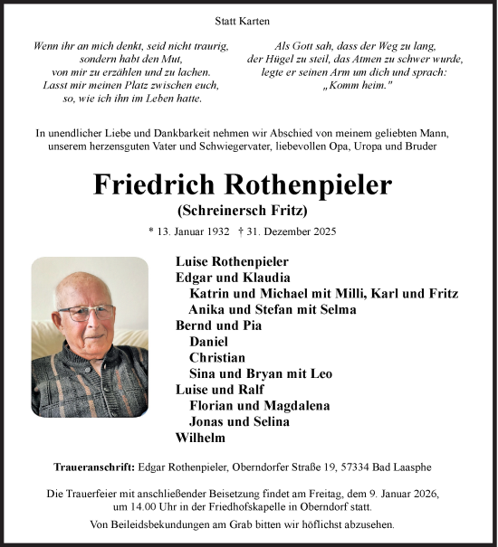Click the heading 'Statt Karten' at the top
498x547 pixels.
point(248,20)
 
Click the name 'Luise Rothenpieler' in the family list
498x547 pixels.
point(231,262)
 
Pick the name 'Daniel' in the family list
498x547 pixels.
point(208,341)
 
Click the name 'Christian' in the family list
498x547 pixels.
point(217,357)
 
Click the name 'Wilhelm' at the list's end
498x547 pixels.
point(200,438)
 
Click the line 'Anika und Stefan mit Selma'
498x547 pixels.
point(272,309)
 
